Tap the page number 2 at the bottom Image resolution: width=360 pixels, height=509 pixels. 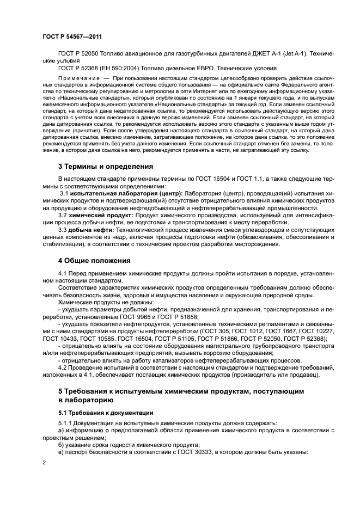point(43,462)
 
